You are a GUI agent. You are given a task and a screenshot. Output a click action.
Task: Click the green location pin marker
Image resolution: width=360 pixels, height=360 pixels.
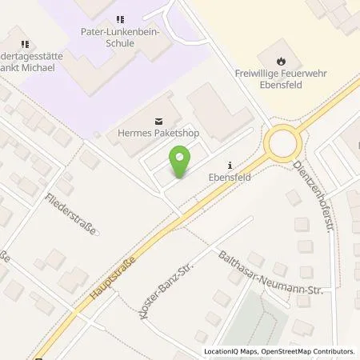(181, 162)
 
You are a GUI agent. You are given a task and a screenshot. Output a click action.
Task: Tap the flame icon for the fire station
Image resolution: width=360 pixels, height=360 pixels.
(281, 60)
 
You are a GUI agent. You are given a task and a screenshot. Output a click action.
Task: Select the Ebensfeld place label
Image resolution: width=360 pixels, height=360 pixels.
(232, 169)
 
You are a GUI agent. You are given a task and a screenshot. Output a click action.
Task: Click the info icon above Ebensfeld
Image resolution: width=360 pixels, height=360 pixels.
(231, 157)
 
